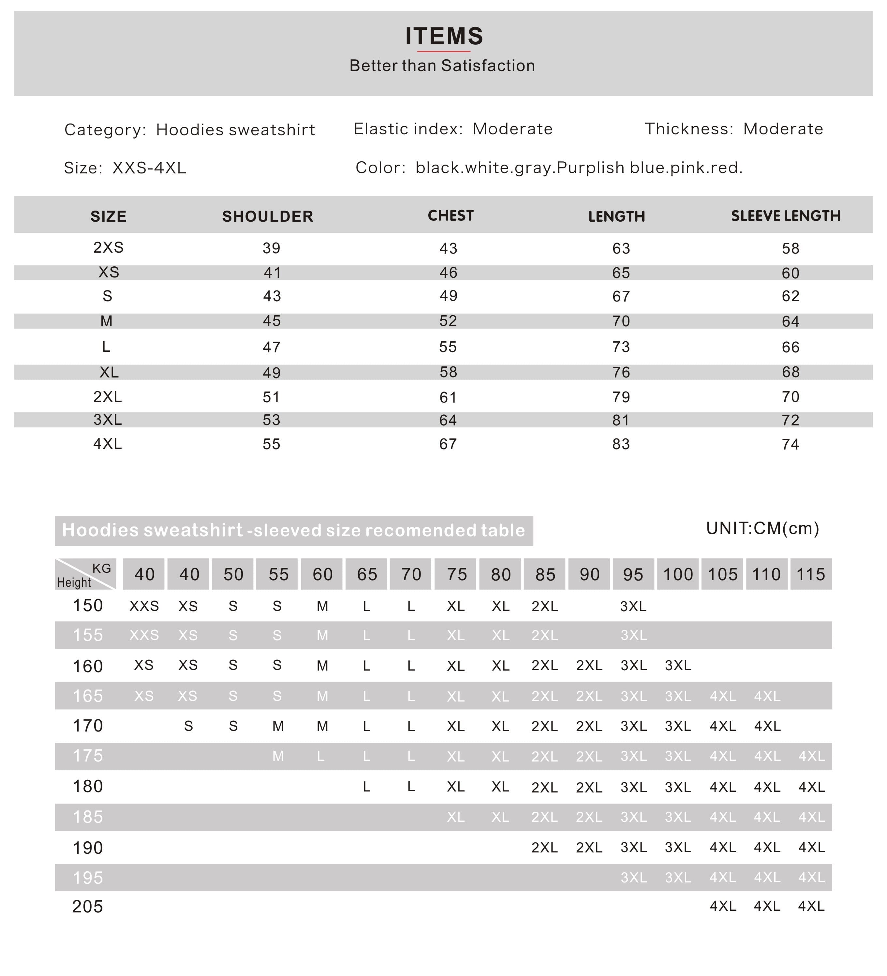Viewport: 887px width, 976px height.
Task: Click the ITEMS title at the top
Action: tap(443, 36)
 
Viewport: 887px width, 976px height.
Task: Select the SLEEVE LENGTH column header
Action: tap(785, 215)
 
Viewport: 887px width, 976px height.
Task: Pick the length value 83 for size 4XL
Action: tap(621, 444)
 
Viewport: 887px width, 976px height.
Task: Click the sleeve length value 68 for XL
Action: tap(790, 372)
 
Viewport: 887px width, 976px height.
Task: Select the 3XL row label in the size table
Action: tap(108, 419)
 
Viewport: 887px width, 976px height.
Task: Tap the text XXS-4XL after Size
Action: tap(149, 168)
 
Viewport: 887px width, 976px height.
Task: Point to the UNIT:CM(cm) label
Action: tap(762, 528)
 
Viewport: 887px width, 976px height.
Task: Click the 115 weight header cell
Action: tap(810, 574)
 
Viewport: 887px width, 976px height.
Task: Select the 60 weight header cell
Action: tap(322, 574)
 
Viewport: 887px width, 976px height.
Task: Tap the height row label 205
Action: tap(88, 906)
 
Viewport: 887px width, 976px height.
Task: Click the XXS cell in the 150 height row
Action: tap(144, 606)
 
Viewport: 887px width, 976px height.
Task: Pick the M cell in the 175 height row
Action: tap(278, 756)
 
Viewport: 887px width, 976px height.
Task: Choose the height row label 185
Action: tap(88, 817)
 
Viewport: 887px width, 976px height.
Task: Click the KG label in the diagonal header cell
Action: tap(102, 568)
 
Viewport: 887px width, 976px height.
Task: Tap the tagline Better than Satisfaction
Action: tap(442, 65)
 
